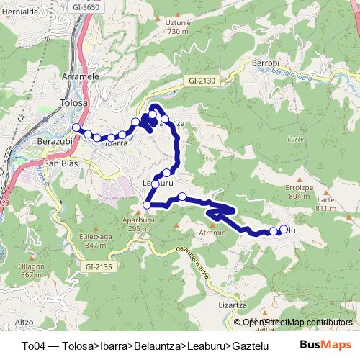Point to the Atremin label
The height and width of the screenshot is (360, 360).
click(212, 233)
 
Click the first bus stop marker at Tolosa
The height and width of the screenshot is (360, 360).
click(76, 128)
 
